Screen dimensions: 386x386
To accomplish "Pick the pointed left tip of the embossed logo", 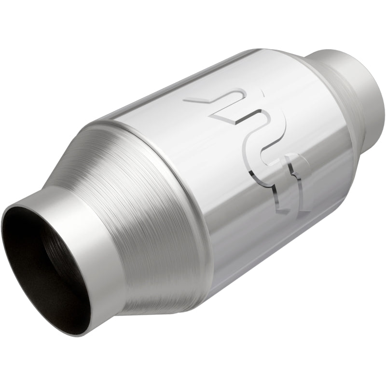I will pos(189,100).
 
